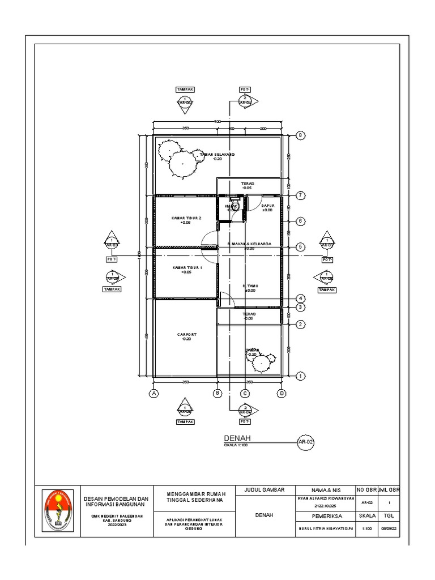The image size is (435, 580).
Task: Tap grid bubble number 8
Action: [x=301, y=135]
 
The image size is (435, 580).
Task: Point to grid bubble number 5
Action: [x=301, y=247]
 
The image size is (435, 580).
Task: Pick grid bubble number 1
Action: [x=301, y=376]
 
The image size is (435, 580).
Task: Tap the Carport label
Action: [x=186, y=336]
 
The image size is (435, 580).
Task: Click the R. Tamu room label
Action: [x=250, y=288]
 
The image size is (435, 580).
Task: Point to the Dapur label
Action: [x=267, y=207]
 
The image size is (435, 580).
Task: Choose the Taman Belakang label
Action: [x=216, y=156]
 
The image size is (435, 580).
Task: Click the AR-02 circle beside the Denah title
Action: [x=306, y=442]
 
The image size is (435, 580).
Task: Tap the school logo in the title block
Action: [x=58, y=511]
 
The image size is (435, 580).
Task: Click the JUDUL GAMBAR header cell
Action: [x=263, y=489]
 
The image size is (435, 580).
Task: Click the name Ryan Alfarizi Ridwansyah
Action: [x=325, y=498]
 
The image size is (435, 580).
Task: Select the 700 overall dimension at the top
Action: [x=217, y=122]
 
